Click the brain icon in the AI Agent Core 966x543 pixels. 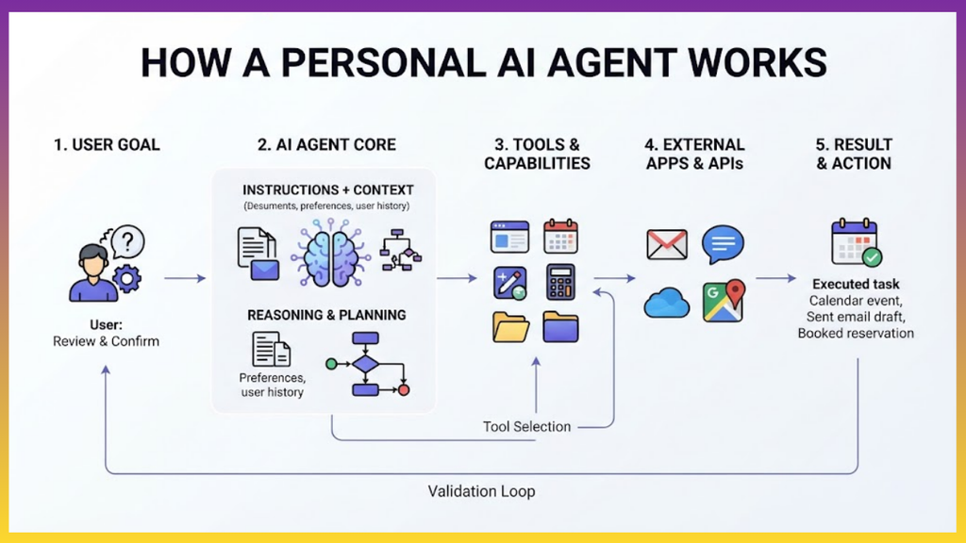click(331, 253)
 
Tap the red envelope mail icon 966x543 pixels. click(667, 244)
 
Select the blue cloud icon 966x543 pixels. click(667, 303)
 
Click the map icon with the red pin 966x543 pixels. click(724, 301)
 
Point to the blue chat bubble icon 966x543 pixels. click(723, 244)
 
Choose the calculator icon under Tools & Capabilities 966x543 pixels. click(560, 283)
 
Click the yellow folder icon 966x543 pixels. click(510, 326)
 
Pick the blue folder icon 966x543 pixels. click(560, 326)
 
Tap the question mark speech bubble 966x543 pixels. click(127, 241)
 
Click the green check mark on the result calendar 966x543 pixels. click(872, 256)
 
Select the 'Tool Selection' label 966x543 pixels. click(526, 427)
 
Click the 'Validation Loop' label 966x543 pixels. click(482, 491)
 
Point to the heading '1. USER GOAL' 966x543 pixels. click(107, 144)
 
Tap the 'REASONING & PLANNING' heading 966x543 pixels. click(326, 315)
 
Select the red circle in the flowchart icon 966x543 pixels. click(404, 389)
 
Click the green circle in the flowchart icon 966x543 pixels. click(331, 365)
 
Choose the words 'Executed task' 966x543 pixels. click(856, 285)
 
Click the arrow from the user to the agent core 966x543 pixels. click(185, 278)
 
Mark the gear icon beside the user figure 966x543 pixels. click(126, 279)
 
